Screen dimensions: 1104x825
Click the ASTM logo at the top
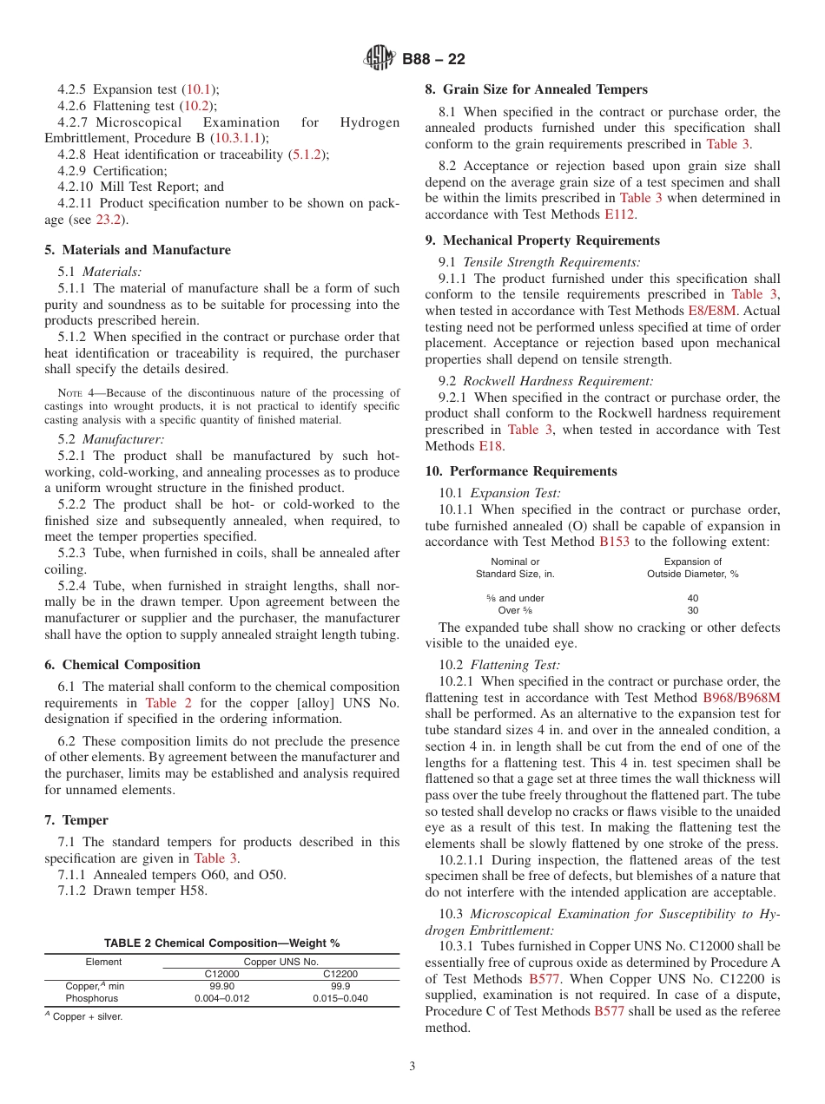(379, 59)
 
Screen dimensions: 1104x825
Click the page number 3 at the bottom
(412, 1067)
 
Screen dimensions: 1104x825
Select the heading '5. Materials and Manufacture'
(137, 250)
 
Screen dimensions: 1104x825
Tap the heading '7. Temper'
(76, 820)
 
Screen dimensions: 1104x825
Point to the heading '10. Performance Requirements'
(521, 471)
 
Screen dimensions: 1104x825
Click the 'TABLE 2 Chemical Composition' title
(221, 943)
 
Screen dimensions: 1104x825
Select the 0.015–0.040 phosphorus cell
(340, 999)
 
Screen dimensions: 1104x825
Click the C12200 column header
(340, 975)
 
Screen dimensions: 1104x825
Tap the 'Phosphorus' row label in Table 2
(91, 999)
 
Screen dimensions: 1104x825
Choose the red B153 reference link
(615, 542)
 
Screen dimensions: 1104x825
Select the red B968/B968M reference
(741, 698)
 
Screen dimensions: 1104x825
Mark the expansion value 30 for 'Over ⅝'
(692, 610)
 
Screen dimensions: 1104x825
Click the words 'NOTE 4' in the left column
(73, 393)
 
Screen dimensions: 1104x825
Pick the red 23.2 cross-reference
(108, 220)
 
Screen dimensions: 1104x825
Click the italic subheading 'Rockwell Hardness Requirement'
(558, 381)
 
